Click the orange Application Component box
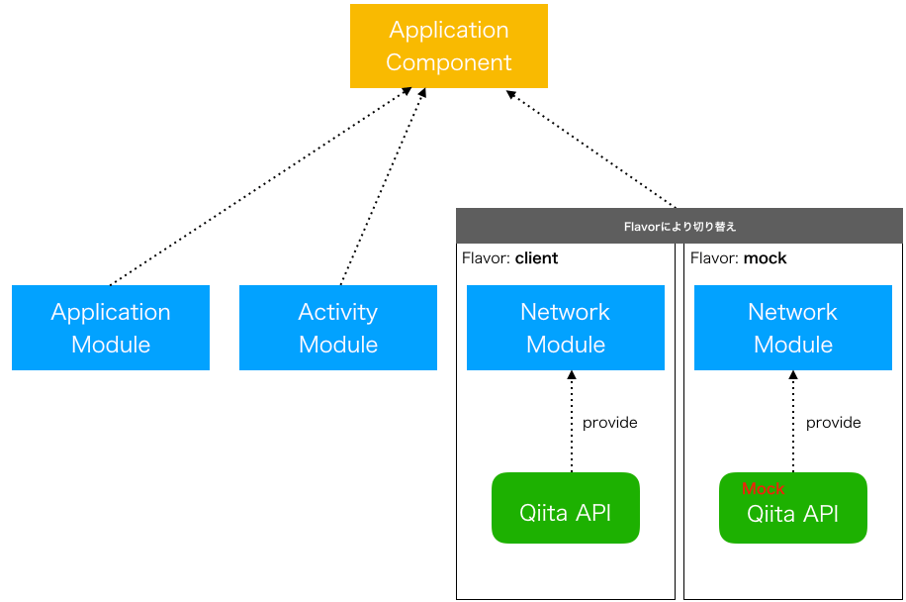click(448, 47)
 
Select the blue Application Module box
click(111, 328)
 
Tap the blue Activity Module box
click(338, 328)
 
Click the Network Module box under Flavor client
click(566, 328)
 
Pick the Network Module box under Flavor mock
click(793, 328)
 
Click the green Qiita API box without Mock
click(566, 508)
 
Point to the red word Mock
click(764, 489)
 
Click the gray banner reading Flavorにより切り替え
click(679, 227)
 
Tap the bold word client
click(536, 258)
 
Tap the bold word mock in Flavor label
click(765, 258)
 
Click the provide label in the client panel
click(609, 423)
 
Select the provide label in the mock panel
click(833, 423)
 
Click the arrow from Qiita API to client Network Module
click(571, 421)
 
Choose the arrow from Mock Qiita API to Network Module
click(793, 421)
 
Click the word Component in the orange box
click(448, 62)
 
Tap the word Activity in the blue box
click(338, 312)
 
